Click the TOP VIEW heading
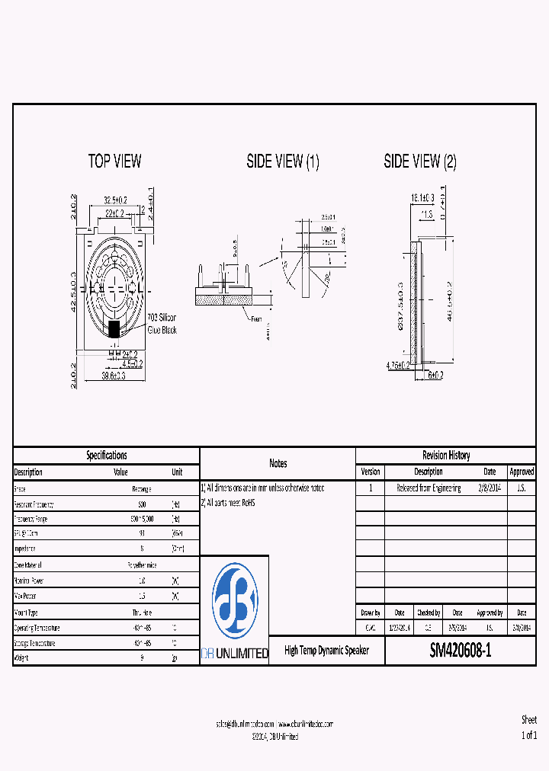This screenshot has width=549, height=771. click(x=114, y=161)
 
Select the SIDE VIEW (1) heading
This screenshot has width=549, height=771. click(x=283, y=161)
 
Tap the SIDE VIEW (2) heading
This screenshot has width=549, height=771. click(x=420, y=161)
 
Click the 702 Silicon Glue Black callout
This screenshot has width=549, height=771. click(x=161, y=323)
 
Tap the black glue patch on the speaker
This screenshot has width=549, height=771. click(x=114, y=329)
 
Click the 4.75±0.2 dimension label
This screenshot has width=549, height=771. click(x=398, y=366)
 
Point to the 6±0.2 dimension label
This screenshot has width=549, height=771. click(x=436, y=375)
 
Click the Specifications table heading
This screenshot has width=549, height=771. click(x=106, y=456)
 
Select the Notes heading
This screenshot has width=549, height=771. click(x=278, y=463)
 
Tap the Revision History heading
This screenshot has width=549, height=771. click(x=446, y=456)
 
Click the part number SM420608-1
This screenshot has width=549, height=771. click(x=461, y=651)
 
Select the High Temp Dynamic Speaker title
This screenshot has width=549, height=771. click(x=326, y=651)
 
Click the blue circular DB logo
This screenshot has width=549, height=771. click(x=234, y=601)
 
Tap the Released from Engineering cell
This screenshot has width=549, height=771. click(x=429, y=488)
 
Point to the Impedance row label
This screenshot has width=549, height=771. click(x=28, y=549)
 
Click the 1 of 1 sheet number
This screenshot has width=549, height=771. click(x=529, y=735)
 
